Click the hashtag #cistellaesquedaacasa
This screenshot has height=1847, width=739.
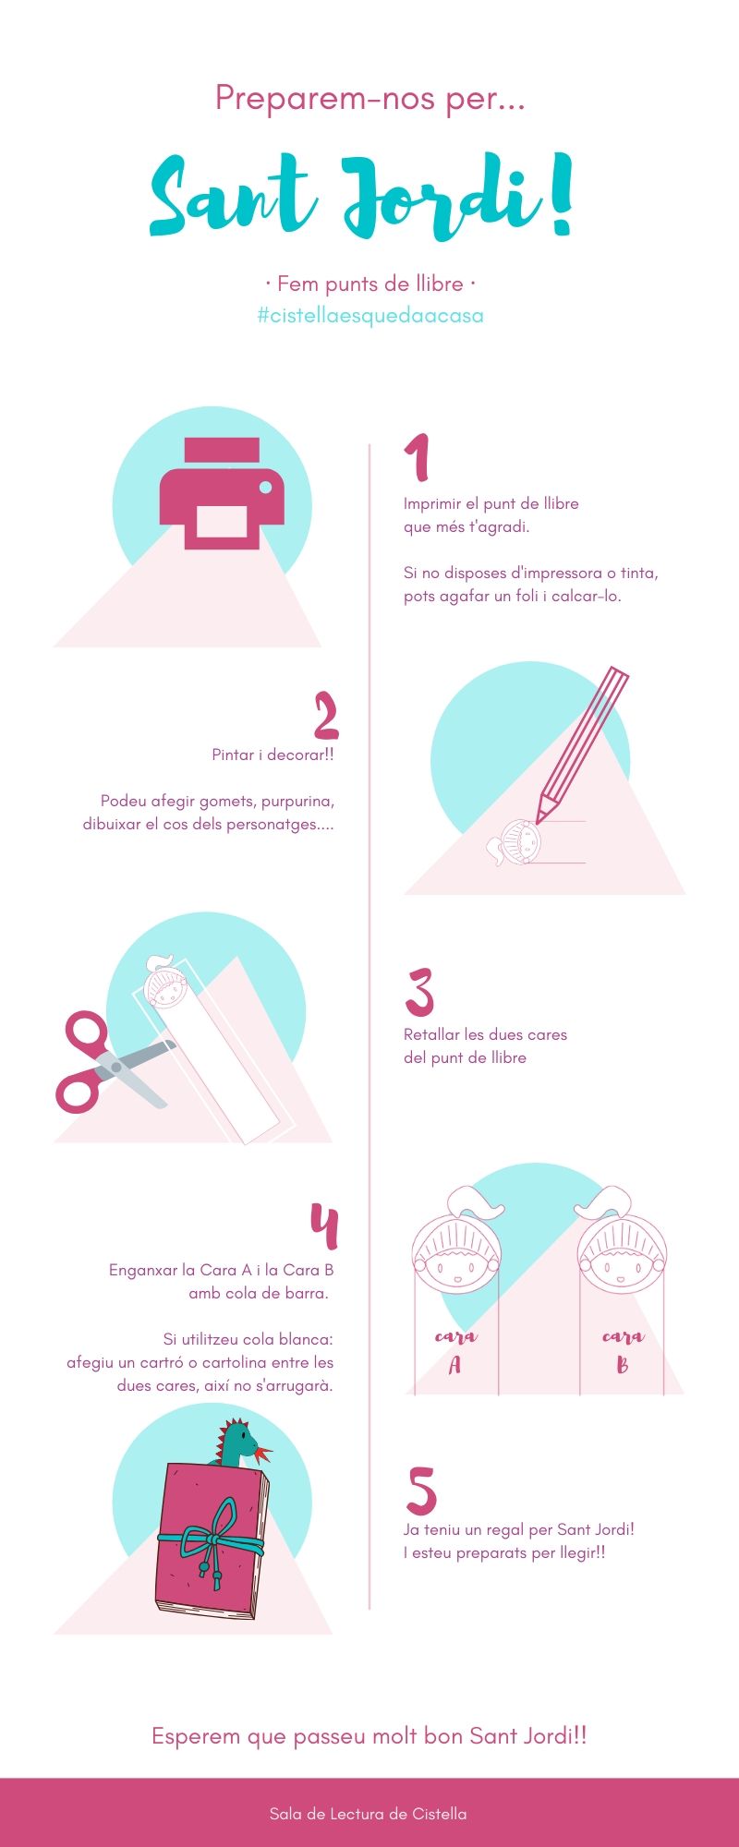tap(369, 316)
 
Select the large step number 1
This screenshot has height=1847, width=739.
tap(418, 457)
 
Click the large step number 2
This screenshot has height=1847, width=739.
tap(326, 716)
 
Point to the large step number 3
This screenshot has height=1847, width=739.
tap(419, 993)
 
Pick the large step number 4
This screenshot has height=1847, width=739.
tap(324, 1225)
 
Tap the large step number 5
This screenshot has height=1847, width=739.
tap(421, 1491)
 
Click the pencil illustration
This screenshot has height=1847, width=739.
tap(582, 746)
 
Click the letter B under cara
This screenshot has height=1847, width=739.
tap(622, 1365)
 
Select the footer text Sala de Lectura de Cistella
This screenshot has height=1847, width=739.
tap(368, 1813)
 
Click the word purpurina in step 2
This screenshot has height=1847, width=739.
tap(297, 801)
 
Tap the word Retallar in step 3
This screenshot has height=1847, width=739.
tap(432, 1034)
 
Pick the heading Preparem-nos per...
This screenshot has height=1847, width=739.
tap(369, 98)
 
